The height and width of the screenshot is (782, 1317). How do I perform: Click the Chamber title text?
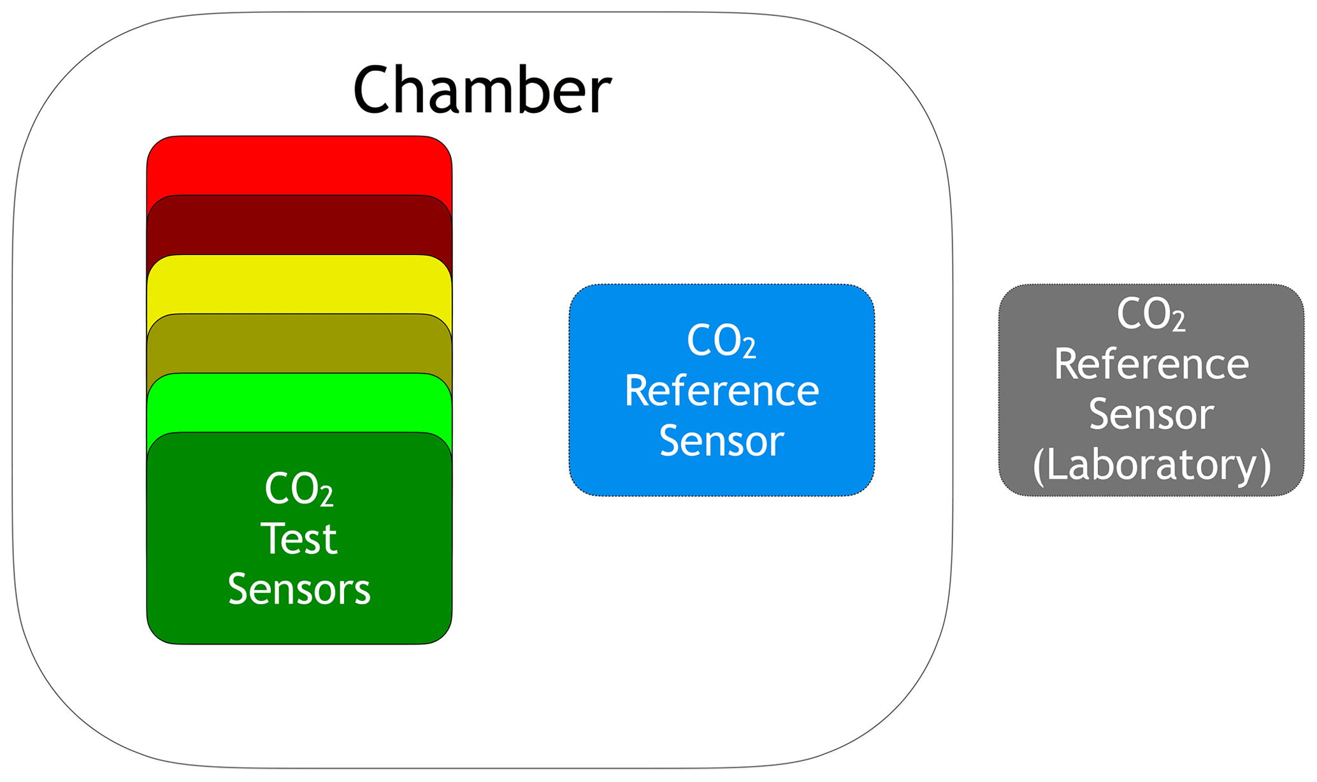click(482, 90)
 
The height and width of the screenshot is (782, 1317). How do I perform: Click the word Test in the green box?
click(299, 539)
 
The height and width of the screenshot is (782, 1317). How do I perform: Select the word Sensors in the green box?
click(299, 589)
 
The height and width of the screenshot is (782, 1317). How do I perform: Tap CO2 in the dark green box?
click(299, 489)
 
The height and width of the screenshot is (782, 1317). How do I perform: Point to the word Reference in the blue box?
click(721, 391)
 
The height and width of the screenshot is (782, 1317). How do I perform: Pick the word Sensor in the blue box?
click(721, 440)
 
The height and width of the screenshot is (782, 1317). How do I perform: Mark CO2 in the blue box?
click(721, 341)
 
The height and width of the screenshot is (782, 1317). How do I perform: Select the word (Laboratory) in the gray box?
click(1151, 465)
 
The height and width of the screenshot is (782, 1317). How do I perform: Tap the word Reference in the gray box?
click(1151, 365)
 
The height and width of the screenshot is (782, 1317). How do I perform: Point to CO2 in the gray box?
click(1151, 314)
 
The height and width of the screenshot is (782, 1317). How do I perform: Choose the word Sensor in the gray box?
click(1151, 415)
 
